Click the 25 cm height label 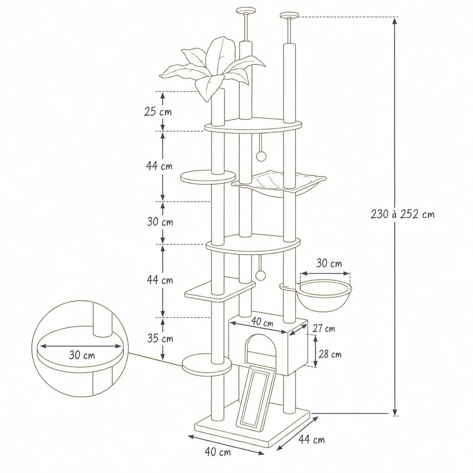(158, 112)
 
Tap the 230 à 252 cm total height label (402, 214)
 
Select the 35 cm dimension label (160, 339)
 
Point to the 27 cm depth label (324, 328)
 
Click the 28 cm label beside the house (330, 354)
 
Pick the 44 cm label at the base (312, 439)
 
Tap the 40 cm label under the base (218, 452)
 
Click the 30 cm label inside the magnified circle (82, 355)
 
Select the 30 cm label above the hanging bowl (329, 263)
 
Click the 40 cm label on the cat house (262, 322)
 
